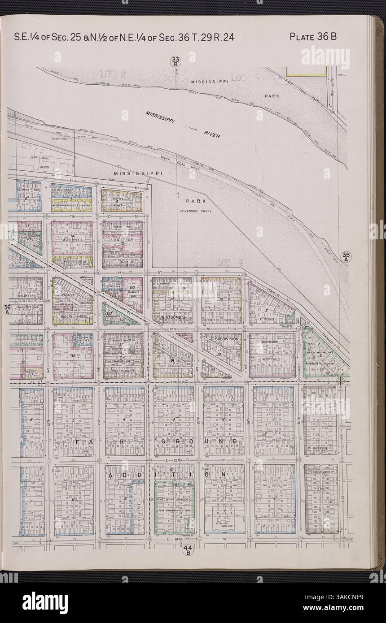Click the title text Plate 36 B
pos(313,37)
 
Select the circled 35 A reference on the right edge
pos(347,256)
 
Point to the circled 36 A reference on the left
pos(7,309)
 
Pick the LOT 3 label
pos(245,78)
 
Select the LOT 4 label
pos(229,262)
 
